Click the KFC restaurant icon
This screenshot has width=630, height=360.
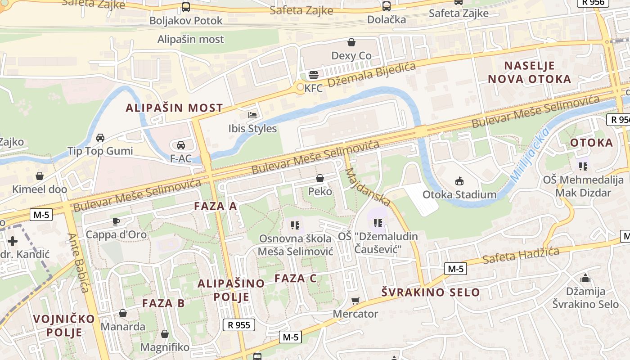tap(314, 75)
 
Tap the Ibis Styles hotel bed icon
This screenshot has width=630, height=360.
tap(252, 115)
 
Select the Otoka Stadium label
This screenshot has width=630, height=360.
tap(459, 195)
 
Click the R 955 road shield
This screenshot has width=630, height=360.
tap(239, 325)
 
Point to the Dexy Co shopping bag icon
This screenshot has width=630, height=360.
tap(351, 42)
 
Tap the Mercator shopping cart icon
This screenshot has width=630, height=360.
tap(355, 300)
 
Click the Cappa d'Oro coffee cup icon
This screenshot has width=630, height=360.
tap(116, 221)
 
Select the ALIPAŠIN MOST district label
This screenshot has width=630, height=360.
tap(174, 108)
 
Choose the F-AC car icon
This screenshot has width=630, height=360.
tap(180, 145)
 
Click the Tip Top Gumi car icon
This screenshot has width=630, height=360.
tap(100, 137)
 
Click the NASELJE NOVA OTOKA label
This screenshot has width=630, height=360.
tap(529, 72)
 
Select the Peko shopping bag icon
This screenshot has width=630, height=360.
tap(320, 178)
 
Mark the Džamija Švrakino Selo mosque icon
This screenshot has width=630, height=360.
tap(585, 278)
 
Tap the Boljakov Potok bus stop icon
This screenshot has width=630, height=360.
tap(186, 7)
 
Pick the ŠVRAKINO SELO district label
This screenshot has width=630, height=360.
tap(431, 292)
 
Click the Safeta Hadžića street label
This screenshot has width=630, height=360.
tap(521, 255)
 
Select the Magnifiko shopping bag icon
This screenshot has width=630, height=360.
tap(165, 334)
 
